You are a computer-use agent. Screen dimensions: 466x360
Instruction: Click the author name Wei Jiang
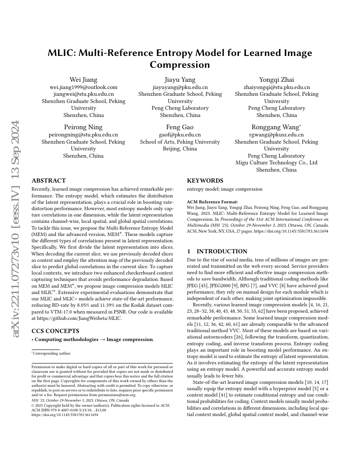[x=83, y=80]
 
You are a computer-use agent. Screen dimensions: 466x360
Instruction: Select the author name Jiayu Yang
[x=180, y=80]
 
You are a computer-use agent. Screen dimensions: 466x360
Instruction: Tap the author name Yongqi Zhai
[x=277, y=80]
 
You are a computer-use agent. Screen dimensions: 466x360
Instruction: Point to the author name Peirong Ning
[x=83, y=127]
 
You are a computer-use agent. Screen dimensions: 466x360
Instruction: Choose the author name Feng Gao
[x=180, y=127]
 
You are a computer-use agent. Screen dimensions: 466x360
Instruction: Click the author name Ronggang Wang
[x=276, y=127]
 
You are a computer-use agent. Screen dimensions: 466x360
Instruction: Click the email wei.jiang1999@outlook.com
[x=83, y=87]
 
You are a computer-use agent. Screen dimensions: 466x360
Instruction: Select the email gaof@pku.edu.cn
[x=180, y=135]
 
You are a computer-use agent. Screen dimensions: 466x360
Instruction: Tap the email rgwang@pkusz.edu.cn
[x=277, y=135]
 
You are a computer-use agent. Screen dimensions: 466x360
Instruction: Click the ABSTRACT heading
[x=49, y=180]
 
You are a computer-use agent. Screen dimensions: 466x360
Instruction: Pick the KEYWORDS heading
[x=205, y=180]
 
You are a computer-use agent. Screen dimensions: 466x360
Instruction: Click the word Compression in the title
[x=180, y=65]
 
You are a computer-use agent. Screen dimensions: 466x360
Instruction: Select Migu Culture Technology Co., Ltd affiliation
[x=277, y=163]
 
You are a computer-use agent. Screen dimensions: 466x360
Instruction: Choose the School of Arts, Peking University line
[x=180, y=142]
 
